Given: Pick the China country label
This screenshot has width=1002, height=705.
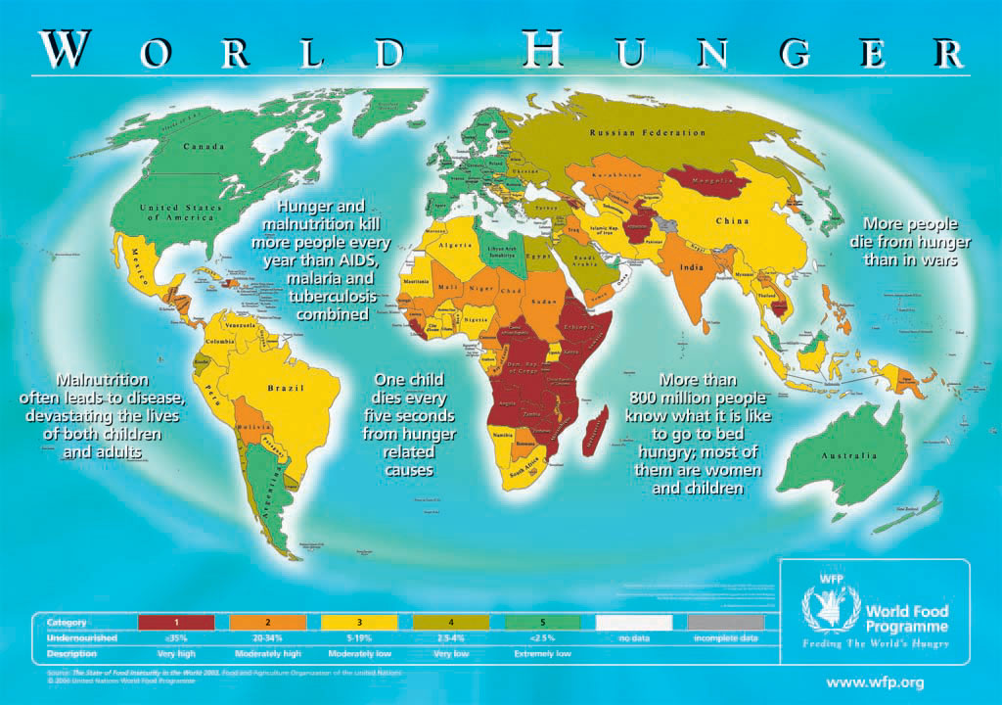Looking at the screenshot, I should tap(732, 221).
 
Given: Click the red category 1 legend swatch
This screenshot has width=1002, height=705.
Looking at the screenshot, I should tap(176, 622).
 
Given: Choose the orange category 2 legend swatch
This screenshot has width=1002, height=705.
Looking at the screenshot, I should tap(267, 622).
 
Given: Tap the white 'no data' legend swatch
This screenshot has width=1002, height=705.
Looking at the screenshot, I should tap(635, 622).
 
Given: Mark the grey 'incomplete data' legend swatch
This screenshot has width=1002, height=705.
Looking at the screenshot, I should tap(726, 622).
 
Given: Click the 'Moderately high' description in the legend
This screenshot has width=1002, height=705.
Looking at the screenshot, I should tap(267, 653).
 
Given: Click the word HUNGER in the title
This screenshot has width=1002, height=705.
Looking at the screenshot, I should tap(741, 50).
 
